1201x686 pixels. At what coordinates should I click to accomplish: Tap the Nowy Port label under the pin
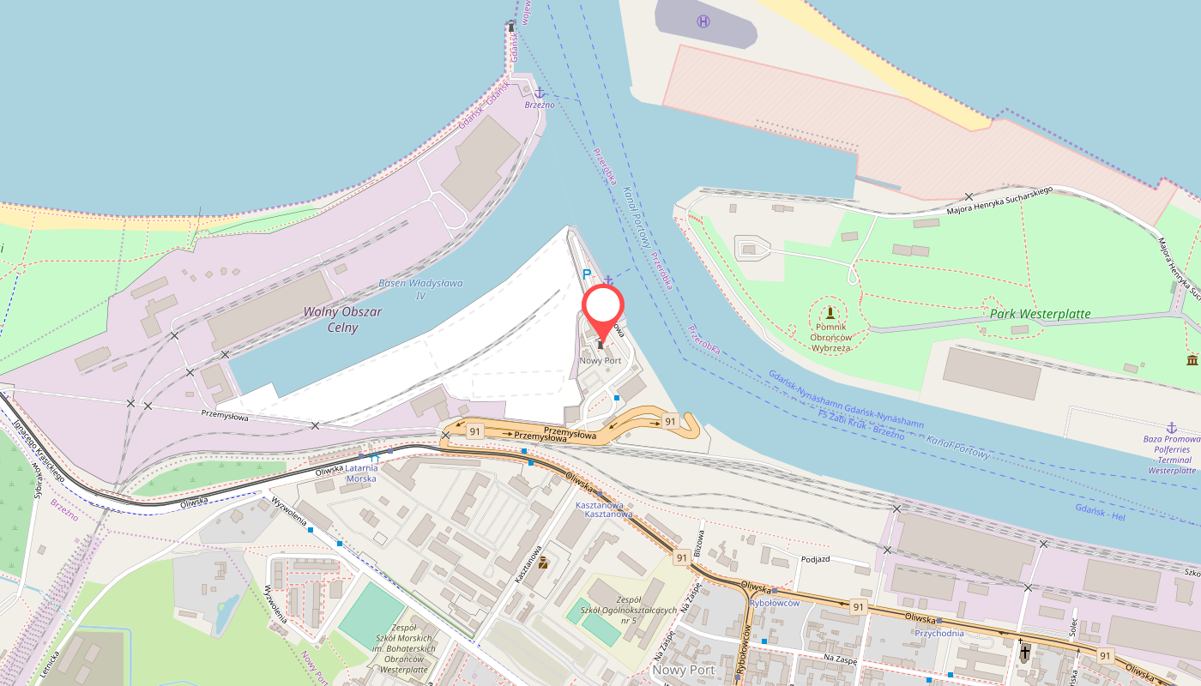[600, 361]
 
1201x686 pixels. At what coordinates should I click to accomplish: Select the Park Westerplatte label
[1040, 314]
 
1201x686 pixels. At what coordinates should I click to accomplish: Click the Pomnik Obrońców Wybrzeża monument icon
[830, 311]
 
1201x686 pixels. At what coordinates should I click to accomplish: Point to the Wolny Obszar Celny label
[342, 320]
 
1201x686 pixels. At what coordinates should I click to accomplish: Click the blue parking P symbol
[587, 274]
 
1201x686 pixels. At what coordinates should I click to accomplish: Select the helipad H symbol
[703, 21]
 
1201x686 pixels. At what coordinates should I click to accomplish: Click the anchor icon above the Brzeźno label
[540, 93]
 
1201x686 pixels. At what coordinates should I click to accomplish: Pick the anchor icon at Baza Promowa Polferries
[1171, 426]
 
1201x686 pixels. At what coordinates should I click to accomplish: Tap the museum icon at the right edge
[1192, 359]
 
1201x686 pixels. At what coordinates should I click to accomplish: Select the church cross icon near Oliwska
[1024, 653]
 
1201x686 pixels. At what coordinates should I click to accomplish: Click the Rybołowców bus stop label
[775, 603]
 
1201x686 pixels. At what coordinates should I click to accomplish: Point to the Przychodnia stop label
[940, 633]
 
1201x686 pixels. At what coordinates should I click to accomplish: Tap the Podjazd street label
[816, 558]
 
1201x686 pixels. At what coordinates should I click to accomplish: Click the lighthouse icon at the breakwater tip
[511, 26]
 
